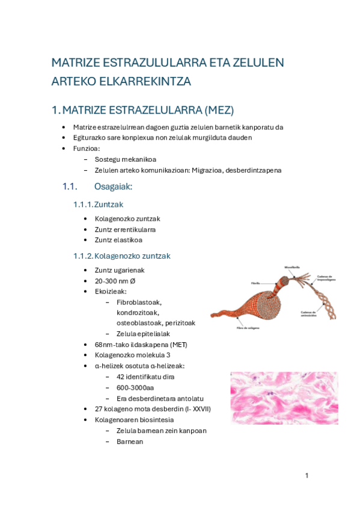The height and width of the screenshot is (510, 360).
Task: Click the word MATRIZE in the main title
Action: (75, 63)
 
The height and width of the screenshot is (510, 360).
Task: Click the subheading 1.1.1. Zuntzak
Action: (99, 204)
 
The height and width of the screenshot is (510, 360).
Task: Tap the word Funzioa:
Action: (87, 148)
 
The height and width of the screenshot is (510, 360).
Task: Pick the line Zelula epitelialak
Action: (144, 333)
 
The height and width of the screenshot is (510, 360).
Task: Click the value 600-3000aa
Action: (135, 387)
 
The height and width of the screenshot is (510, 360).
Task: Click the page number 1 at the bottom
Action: (307, 476)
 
